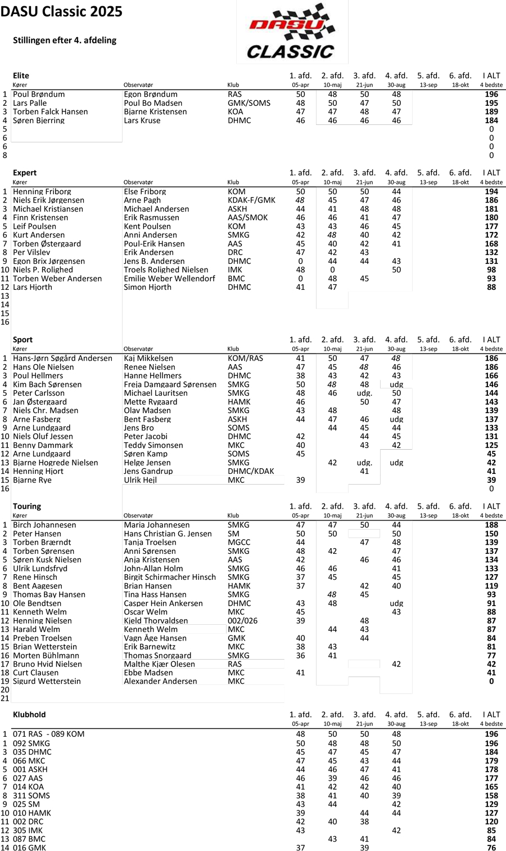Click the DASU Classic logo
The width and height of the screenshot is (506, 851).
292,32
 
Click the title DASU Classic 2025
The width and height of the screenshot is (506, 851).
61,12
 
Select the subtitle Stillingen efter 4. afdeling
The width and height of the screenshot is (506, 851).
65,40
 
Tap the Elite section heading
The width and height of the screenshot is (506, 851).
21,75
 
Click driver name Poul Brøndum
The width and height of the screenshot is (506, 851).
39,95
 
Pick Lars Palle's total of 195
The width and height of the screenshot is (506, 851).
491,103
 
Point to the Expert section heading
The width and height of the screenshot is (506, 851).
25,173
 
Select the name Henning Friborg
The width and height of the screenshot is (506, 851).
42,191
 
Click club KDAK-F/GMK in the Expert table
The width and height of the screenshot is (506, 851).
251,200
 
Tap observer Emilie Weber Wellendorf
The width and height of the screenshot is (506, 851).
169,279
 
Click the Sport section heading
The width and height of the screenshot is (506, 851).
22,339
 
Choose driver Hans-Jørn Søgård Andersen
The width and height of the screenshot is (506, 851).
62,358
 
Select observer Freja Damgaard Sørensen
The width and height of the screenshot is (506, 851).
170,384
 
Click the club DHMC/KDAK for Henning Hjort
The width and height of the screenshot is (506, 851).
251,471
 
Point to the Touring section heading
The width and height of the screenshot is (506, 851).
27,506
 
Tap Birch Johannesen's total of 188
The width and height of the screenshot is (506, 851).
491,525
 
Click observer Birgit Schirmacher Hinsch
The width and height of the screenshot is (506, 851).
170,577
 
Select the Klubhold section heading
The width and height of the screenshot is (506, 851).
29,714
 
